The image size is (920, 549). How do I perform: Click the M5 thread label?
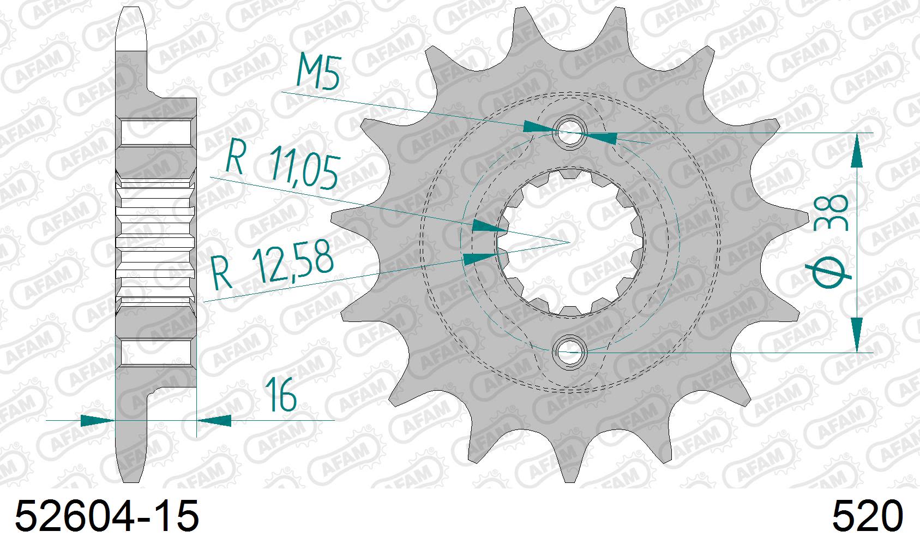pyautogui.click(x=318, y=73)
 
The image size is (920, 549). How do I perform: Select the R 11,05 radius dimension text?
pyautogui.click(x=283, y=165)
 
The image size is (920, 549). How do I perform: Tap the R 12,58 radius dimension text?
pyautogui.click(x=272, y=266)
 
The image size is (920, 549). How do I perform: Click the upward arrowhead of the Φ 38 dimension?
pyautogui.click(x=857, y=150)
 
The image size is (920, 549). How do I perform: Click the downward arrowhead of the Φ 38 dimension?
pyautogui.click(x=857, y=334)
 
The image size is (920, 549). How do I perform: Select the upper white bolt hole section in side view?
pyautogui.click(x=156, y=133)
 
